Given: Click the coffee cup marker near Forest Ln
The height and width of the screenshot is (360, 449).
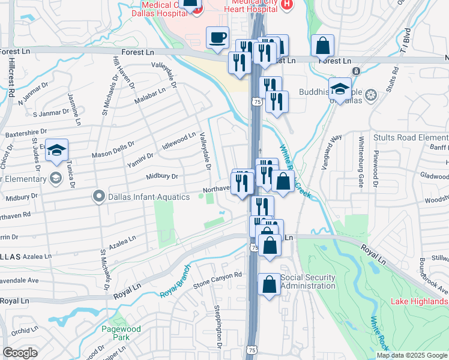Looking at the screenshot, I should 217,38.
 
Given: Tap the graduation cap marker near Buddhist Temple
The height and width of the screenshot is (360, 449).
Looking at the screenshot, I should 340,90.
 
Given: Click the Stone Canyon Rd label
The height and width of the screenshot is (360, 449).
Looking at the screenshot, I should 217,278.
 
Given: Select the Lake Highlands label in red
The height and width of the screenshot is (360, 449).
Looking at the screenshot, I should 420,301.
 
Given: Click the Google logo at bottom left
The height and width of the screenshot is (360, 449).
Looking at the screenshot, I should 20,353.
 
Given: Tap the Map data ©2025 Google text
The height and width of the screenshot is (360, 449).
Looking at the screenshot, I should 412,355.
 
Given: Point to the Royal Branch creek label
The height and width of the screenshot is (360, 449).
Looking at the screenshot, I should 175,281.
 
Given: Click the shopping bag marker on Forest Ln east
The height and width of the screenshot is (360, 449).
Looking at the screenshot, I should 323,46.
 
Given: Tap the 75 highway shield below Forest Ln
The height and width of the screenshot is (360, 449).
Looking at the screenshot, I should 256,103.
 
